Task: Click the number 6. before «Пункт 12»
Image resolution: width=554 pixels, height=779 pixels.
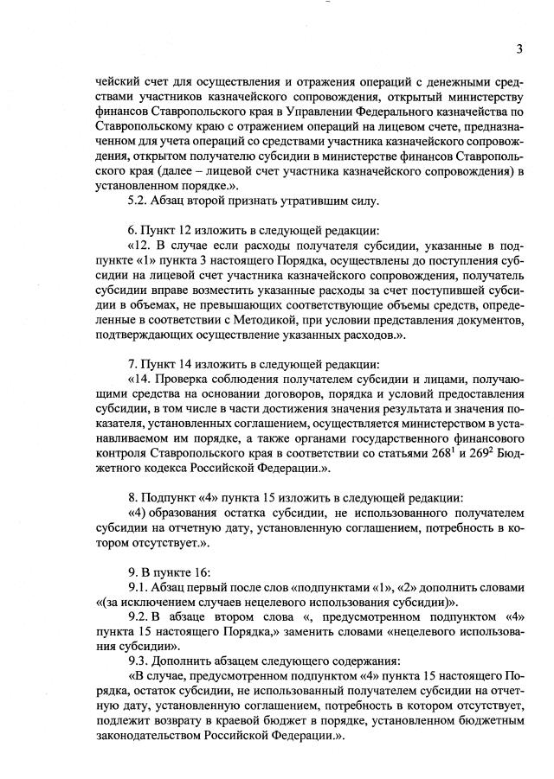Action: coord(132,231)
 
